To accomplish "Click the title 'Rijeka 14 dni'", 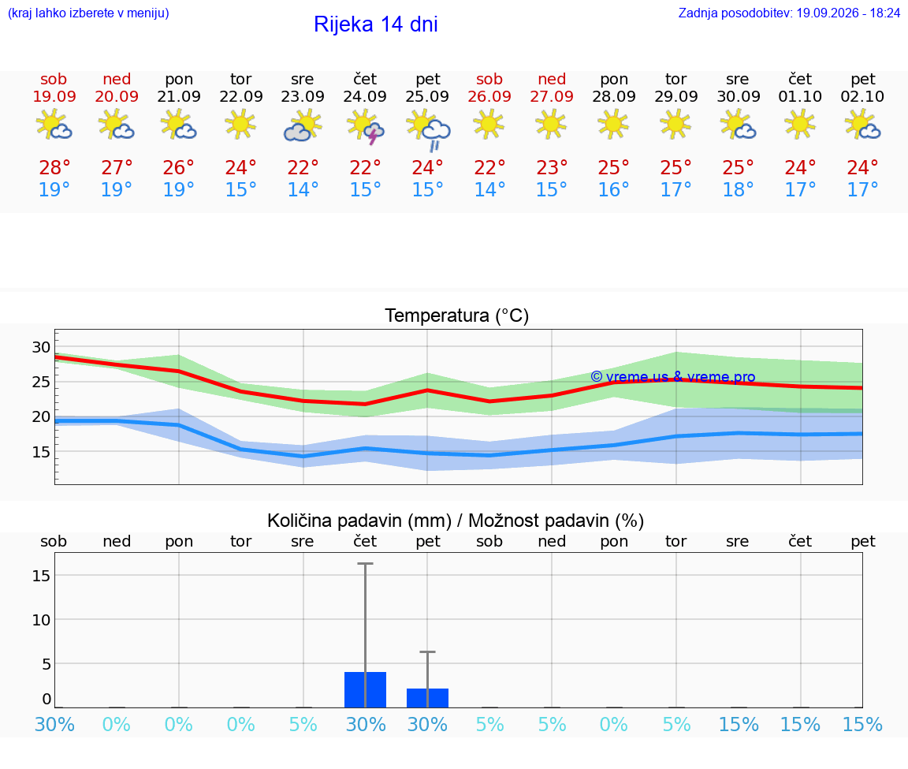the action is tap(375, 24).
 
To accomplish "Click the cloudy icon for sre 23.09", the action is tap(303, 125).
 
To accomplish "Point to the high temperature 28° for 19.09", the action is tap(54, 168).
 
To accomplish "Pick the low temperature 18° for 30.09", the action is tap(738, 189).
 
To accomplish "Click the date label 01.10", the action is tap(800, 97).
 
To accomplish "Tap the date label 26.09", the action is tap(489, 97).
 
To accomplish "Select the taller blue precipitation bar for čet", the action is tap(365, 689).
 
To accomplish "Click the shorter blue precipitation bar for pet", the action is tap(427, 698).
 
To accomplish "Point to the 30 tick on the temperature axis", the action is tap(41, 347).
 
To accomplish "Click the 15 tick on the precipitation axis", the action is tap(41, 576).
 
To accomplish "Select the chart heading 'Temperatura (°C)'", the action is tap(457, 315).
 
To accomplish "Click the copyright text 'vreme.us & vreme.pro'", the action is tap(680, 377).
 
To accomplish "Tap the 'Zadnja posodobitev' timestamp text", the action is tap(789, 13).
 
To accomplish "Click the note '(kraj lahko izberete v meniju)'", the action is tap(88, 13).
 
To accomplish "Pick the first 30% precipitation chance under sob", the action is tap(54, 724).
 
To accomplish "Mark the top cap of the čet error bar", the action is tap(365, 563).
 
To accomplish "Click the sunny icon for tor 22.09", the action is tap(240, 124).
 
